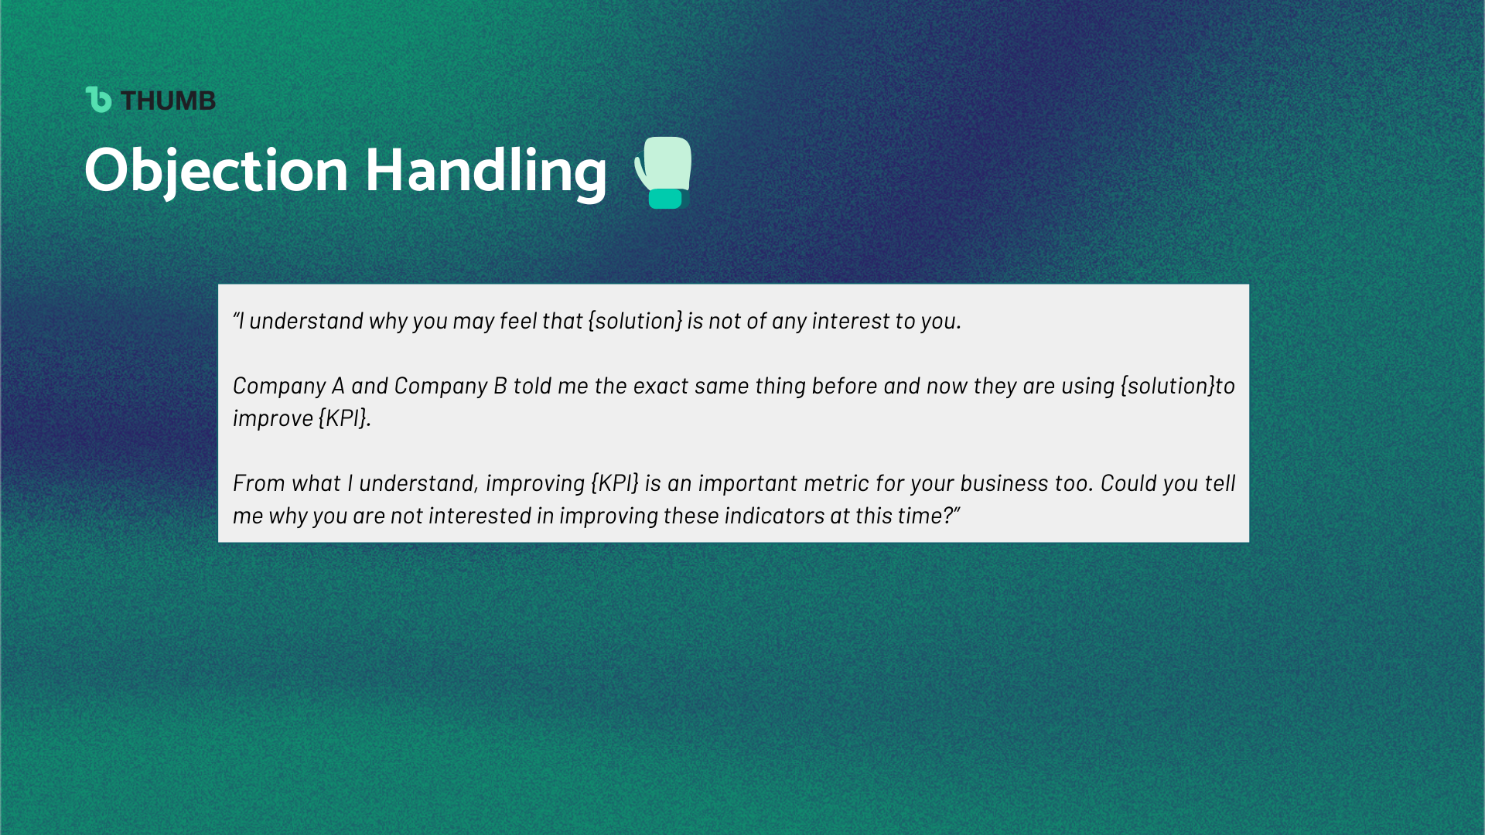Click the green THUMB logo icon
click(98, 100)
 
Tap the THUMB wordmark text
click(169, 101)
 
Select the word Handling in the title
click(486, 171)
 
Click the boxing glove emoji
click(663, 172)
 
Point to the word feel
click(518, 320)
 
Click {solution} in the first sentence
click(636, 321)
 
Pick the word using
click(1088, 387)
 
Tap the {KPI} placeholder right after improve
click(343, 418)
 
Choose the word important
click(748, 484)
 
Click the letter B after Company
click(500, 386)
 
